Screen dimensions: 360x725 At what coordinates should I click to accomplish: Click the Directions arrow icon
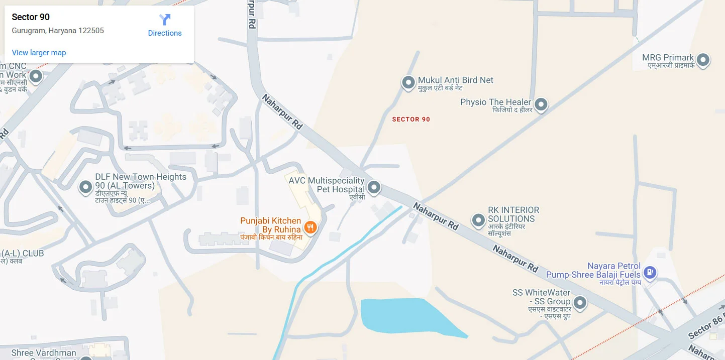click(x=165, y=20)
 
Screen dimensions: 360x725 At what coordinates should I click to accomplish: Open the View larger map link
click(x=39, y=53)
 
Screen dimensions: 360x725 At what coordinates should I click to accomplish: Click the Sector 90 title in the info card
click(x=31, y=17)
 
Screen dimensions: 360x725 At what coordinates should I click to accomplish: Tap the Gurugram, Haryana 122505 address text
click(x=58, y=31)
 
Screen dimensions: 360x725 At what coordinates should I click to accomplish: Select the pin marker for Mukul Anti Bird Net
click(x=408, y=82)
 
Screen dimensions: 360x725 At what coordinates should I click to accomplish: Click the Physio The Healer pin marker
click(x=541, y=104)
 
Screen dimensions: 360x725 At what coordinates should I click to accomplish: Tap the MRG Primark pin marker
click(x=703, y=60)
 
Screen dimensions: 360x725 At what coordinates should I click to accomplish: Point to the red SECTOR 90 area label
click(x=411, y=119)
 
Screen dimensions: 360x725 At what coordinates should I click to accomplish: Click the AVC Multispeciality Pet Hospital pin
click(x=373, y=187)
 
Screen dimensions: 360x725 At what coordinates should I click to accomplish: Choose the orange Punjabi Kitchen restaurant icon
click(x=310, y=227)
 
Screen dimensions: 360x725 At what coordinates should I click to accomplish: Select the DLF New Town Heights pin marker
click(x=86, y=187)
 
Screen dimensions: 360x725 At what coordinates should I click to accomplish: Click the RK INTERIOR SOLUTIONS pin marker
click(x=478, y=219)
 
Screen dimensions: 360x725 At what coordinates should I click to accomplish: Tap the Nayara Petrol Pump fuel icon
click(x=650, y=272)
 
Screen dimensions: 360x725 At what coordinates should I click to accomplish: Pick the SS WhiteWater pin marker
click(x=580, y=303)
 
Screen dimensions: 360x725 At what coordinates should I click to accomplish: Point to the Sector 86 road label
click(x=706, y=326)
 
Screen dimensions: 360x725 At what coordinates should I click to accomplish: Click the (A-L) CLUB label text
click(x=23, y=254)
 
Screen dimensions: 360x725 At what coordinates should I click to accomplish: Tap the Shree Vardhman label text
click(x=43, y=352)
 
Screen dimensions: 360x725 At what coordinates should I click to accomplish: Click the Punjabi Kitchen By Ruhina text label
click(x=270, y=225)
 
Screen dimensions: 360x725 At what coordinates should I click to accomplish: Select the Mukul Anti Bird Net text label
click(x=456, y=80)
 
